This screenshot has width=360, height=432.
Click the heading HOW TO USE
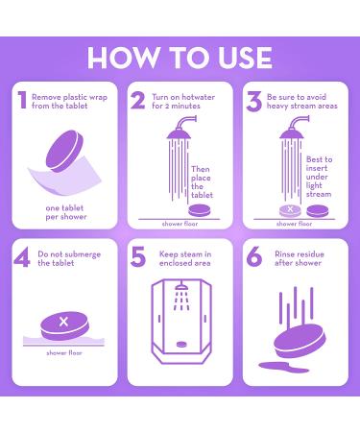coord(180,57)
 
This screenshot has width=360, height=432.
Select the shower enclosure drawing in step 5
coord(180,324)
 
